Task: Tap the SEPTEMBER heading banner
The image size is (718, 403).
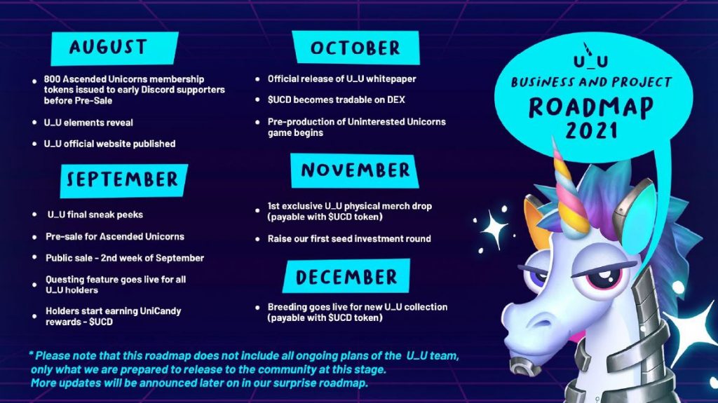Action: coord(123,180)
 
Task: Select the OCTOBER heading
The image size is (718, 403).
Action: coord(355,47)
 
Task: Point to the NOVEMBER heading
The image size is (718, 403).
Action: coord(355,170)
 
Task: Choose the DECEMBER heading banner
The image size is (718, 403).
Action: coord(346,276)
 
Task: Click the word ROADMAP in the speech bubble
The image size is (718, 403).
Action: coord(591,107)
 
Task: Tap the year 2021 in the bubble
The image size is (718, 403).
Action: coord(591,130)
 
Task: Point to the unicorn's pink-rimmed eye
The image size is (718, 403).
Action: coord(604,278)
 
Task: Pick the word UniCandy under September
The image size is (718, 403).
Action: coord(161,311)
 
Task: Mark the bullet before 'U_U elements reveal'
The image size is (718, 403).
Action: coord(35,123)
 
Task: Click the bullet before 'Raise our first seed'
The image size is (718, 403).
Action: coord(258,239)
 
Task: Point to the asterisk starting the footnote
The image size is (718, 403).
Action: coord(31,353)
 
